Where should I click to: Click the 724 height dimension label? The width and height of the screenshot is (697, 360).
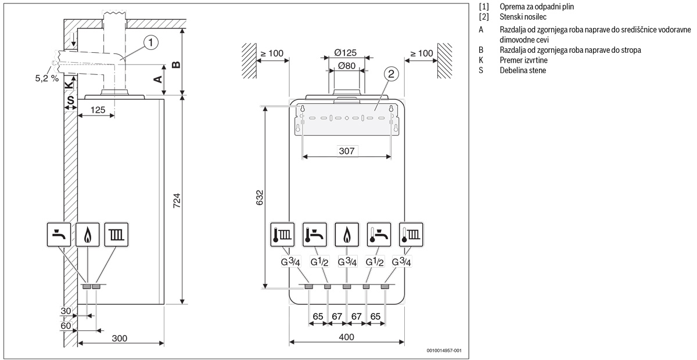(178, 199)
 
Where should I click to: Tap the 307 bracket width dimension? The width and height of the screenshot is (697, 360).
(347, 151)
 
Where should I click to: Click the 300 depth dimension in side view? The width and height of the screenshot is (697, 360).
(120, 338)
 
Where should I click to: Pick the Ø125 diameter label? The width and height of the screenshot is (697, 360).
(346, 53)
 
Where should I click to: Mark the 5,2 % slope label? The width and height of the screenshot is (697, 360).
(46, 77)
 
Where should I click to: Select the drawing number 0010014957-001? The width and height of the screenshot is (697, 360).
(444, 351)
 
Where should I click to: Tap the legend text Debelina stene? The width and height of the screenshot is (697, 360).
(518, 70)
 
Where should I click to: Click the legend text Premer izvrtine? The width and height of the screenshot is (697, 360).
(519, 60)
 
